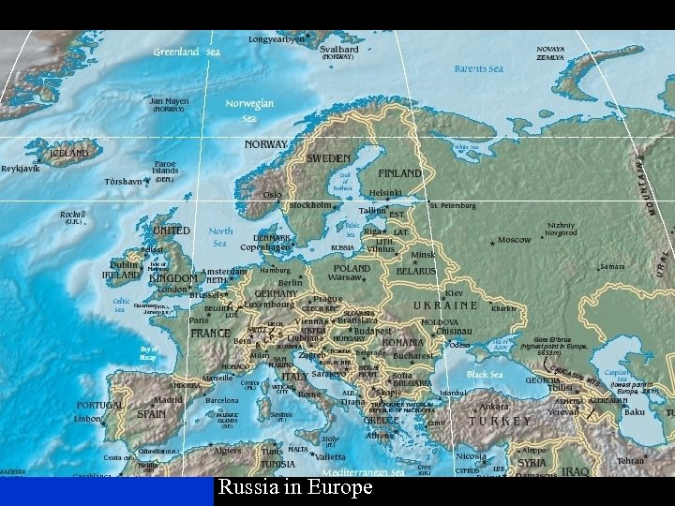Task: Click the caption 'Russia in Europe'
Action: [295, 488]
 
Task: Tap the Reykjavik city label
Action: [21, 169]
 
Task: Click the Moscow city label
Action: [514, 240]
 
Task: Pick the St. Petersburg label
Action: [454, 205]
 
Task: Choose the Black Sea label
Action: [485, 374]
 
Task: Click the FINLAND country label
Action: [399, 173]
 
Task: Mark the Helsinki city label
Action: [385, 193]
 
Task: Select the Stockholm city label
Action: [310, 204]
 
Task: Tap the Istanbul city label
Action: [453, 393]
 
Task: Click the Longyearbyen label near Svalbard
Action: [277, 40]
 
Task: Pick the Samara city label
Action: [612, 266]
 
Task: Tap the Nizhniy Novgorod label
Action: [562, 229]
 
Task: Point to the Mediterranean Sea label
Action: [364, 473]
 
